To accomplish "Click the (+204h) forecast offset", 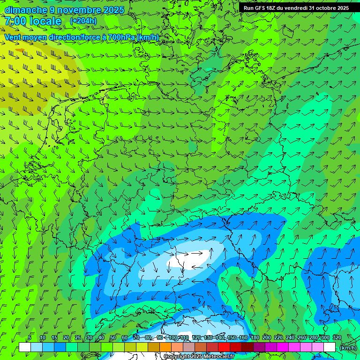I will pos(83,21).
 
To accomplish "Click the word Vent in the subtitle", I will pos(14,37).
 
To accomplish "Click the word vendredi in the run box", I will pos(293,8).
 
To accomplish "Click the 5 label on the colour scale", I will pos(30,338).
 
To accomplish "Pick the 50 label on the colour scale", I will pos(113,338).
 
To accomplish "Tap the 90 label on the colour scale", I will pos(160,338).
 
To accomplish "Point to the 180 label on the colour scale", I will pos(255,338).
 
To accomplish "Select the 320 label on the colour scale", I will pos(337,338).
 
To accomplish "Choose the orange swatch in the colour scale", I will pos(165,347).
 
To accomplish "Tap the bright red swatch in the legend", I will pos(224,347).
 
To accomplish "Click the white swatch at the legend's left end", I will pos(25,347).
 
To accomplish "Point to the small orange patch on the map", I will pos(19,50).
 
